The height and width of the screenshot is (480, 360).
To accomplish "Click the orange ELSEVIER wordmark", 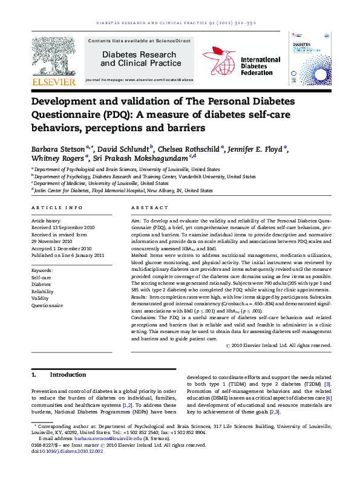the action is click(54, 82).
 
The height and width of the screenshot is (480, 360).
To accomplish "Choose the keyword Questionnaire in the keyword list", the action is click(47, 305).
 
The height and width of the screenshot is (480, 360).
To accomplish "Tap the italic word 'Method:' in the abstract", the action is click(142, 256).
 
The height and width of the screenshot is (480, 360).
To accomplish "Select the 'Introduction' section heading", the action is click(68, 375).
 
